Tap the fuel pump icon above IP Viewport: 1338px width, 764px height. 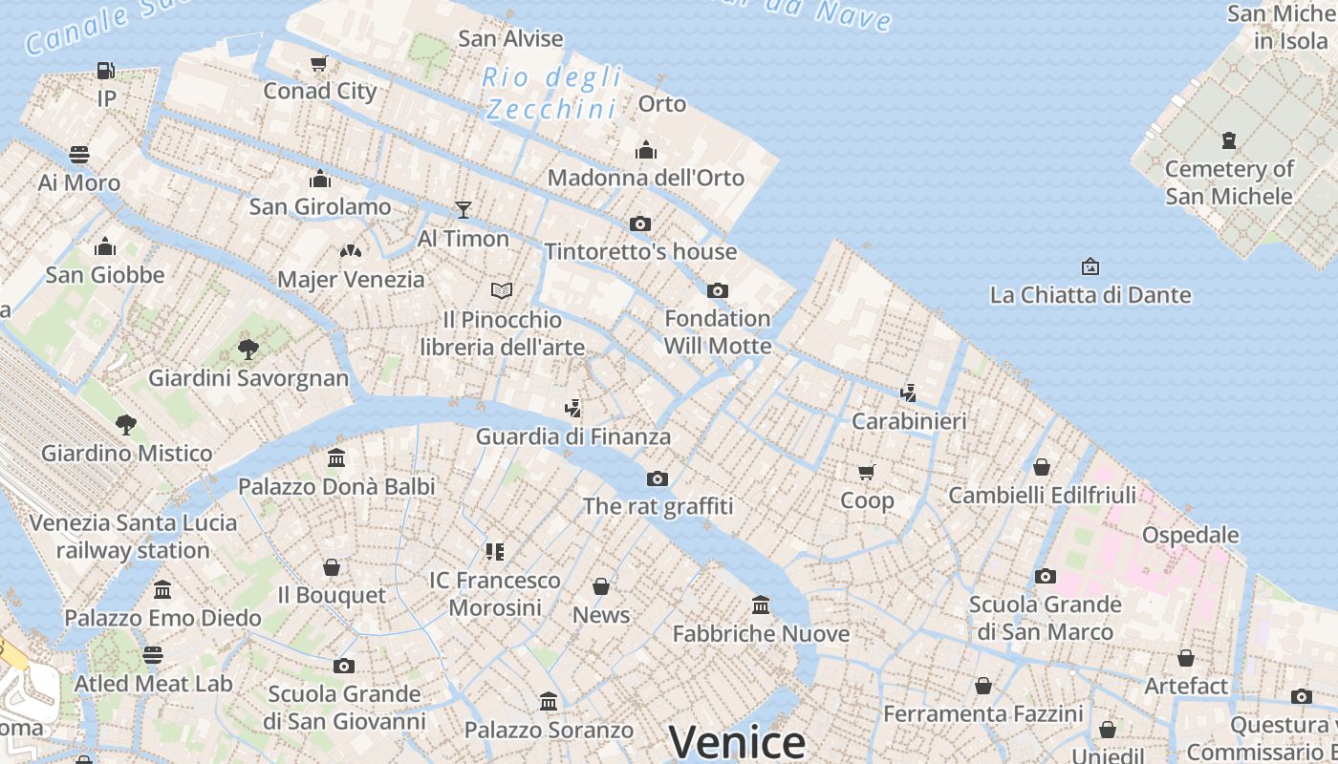[x=105, y=70]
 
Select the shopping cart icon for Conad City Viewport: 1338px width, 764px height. [x=319, y=63]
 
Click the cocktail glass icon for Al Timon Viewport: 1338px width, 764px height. [x=464, y=209]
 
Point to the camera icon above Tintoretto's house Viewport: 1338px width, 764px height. [x=640, y=223]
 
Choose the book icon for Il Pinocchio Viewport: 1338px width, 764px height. [x=502, y=289]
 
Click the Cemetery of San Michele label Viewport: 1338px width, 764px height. [x=1229, y=182]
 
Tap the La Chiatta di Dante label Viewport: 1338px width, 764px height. [x=1090, y=294]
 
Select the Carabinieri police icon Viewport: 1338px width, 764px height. [x=909, y=392]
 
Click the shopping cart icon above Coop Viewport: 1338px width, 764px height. [x=867, y=471]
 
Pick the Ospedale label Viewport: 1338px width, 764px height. [x=1191, y=535]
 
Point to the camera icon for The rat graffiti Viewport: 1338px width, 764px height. [x=658, y=478]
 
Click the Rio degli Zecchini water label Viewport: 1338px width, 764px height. [x=551, y=93]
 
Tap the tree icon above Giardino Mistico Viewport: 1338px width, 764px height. [x=125, y=424]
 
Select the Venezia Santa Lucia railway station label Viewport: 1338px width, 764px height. [x=133, y=537]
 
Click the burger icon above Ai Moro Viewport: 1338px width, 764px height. [x=79, y=154]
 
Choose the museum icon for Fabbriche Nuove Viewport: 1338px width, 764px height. [x=761, y=605]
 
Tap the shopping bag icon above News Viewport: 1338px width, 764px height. [x=601, y=585]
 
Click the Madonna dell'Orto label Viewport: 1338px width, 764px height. [x=646, y=178]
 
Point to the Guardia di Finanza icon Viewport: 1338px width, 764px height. [x=572, y=409]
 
